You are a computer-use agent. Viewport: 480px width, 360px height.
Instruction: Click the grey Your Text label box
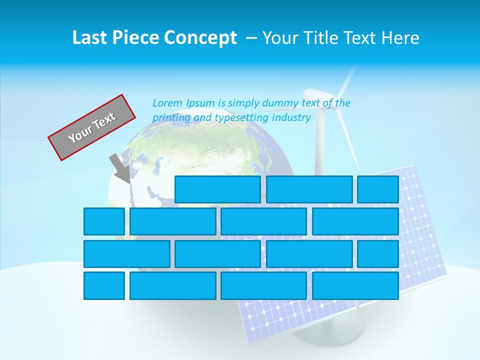pyautogui.click(x=92, y=127)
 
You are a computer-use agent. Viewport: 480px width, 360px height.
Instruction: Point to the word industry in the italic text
pyautogui.click(x=291, y=118)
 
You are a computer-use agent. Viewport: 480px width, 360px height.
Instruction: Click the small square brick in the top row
pyautogui.click(x=378, y=189)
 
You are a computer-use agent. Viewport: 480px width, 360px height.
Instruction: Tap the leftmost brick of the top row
pyautogui.click(x=217, y=189)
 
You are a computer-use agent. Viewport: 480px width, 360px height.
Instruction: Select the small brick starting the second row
pyautogui.click(x=104, y=221)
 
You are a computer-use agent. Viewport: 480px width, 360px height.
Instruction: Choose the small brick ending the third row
pyautogui.click(x=378, y=254)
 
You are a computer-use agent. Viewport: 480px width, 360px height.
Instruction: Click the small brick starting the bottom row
pyautogui.click(x=104, y=286)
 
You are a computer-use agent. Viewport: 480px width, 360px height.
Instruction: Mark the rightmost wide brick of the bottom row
pyautogui.click(x=355, y=286)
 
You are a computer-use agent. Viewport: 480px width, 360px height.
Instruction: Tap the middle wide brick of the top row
pyautogui.click(x=309, y=189)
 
